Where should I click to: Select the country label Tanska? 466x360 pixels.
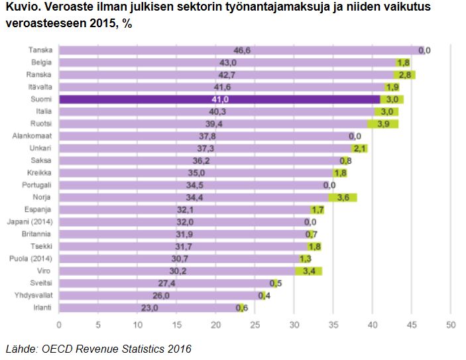coord(41,50)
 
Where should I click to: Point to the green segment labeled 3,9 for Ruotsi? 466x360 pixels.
coord(383,124)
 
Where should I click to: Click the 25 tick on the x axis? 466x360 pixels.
coord(255,325)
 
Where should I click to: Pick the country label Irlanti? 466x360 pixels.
coord(42,308)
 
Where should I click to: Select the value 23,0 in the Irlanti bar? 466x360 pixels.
coord(150,308)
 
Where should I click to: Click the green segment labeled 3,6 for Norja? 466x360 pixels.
coord(343,198)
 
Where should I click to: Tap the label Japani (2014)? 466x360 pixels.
coord(32,222)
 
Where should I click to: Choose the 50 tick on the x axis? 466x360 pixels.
coord(450,325)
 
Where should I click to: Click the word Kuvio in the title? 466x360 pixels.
coord(20,9)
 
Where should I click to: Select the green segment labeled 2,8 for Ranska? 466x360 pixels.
coord(404,75)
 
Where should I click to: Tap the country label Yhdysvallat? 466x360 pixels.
coord(35,296)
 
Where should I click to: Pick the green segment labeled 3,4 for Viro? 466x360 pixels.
coord(308,271)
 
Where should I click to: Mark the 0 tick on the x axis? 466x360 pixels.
coord(59,325)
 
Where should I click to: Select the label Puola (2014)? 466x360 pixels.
coord(32,259)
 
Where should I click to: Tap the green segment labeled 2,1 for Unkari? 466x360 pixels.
coord(360,149)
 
